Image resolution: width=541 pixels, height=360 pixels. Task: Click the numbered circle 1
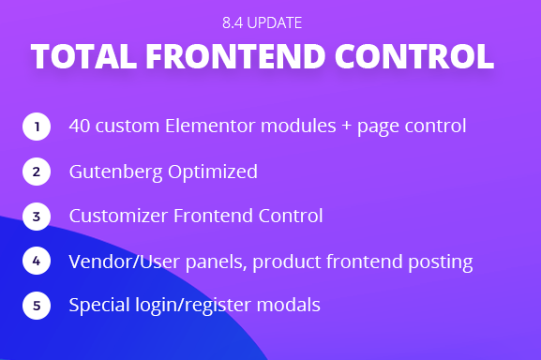pos(37,127)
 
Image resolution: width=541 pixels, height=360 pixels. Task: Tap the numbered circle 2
pos(37,172)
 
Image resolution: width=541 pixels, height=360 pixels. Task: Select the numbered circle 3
pos(37,217)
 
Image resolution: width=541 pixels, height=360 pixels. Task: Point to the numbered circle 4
pos(37,261)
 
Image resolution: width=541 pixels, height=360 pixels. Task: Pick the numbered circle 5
pos(37,306)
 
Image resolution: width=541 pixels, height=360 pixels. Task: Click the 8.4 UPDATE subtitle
pos(263,23)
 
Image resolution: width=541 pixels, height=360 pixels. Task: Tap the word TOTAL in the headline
pos(83,56)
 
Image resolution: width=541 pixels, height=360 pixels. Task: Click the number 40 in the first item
pos(80,126)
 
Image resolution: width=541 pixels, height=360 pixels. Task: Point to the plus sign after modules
pos(346,127)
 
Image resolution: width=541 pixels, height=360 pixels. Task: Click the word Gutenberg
pos(115,172)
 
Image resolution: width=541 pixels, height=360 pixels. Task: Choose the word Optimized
pos(213,172)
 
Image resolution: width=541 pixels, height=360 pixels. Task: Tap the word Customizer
pos(118,216)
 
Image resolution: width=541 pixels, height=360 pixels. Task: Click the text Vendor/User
pos(124,262)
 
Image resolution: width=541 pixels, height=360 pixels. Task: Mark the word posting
pos(441,262)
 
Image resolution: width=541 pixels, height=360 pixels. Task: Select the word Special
pos(99,306)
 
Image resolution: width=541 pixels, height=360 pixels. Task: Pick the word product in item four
pos(287,262)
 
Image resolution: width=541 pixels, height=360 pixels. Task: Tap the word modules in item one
pos(298,126)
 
